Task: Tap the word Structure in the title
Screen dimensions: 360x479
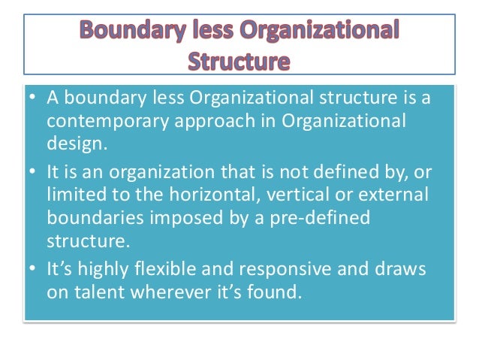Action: (239, 61)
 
